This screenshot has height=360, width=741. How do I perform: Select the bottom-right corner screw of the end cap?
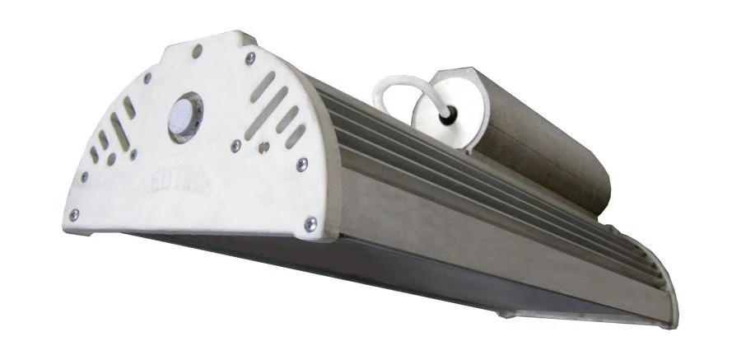click(x=310, y=222)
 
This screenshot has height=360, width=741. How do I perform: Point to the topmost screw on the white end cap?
click(x=249, y=58)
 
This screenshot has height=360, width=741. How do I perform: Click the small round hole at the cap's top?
click(x=197, y=52)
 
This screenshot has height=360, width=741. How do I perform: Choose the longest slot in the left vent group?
click(x=119, y=133)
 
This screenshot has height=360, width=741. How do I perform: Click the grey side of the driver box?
click(x=543, y=140)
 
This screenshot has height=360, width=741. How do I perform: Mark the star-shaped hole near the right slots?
click(x=263, y=149)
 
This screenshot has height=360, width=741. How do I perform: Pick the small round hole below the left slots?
click(x=110, y=160)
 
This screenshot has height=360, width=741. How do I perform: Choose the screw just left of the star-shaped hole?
click(x=235, y=145)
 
